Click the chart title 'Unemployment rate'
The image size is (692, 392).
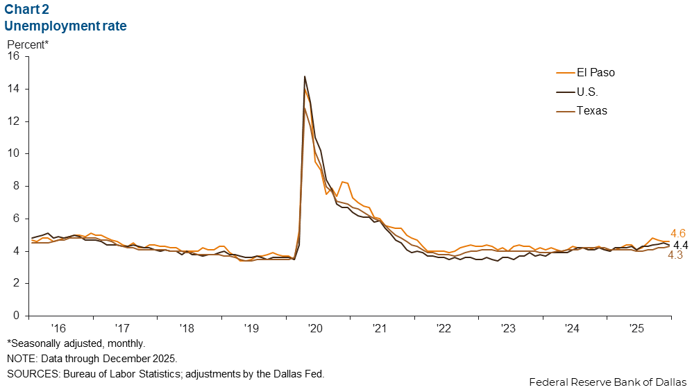point(65,26)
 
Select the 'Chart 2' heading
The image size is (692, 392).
point(29,10)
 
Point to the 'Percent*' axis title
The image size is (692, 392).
point(28,44)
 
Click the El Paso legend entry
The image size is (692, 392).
point(596,72)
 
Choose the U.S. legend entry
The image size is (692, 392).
point(586,92)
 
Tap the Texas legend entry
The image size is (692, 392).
point(591,111)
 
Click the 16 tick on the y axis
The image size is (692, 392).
point(13,57)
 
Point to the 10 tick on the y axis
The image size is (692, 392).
point(13,154)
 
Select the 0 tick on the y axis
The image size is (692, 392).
point(16,316)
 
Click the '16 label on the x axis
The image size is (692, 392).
point(58,327)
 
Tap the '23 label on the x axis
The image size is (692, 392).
point(508,327)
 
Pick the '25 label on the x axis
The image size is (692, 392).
point(636,327)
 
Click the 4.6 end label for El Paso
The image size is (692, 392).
point(678,234)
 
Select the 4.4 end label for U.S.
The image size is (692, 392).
point(680,245)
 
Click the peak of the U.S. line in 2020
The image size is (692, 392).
point(305,76)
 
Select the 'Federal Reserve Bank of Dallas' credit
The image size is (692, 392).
point(607,382)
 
